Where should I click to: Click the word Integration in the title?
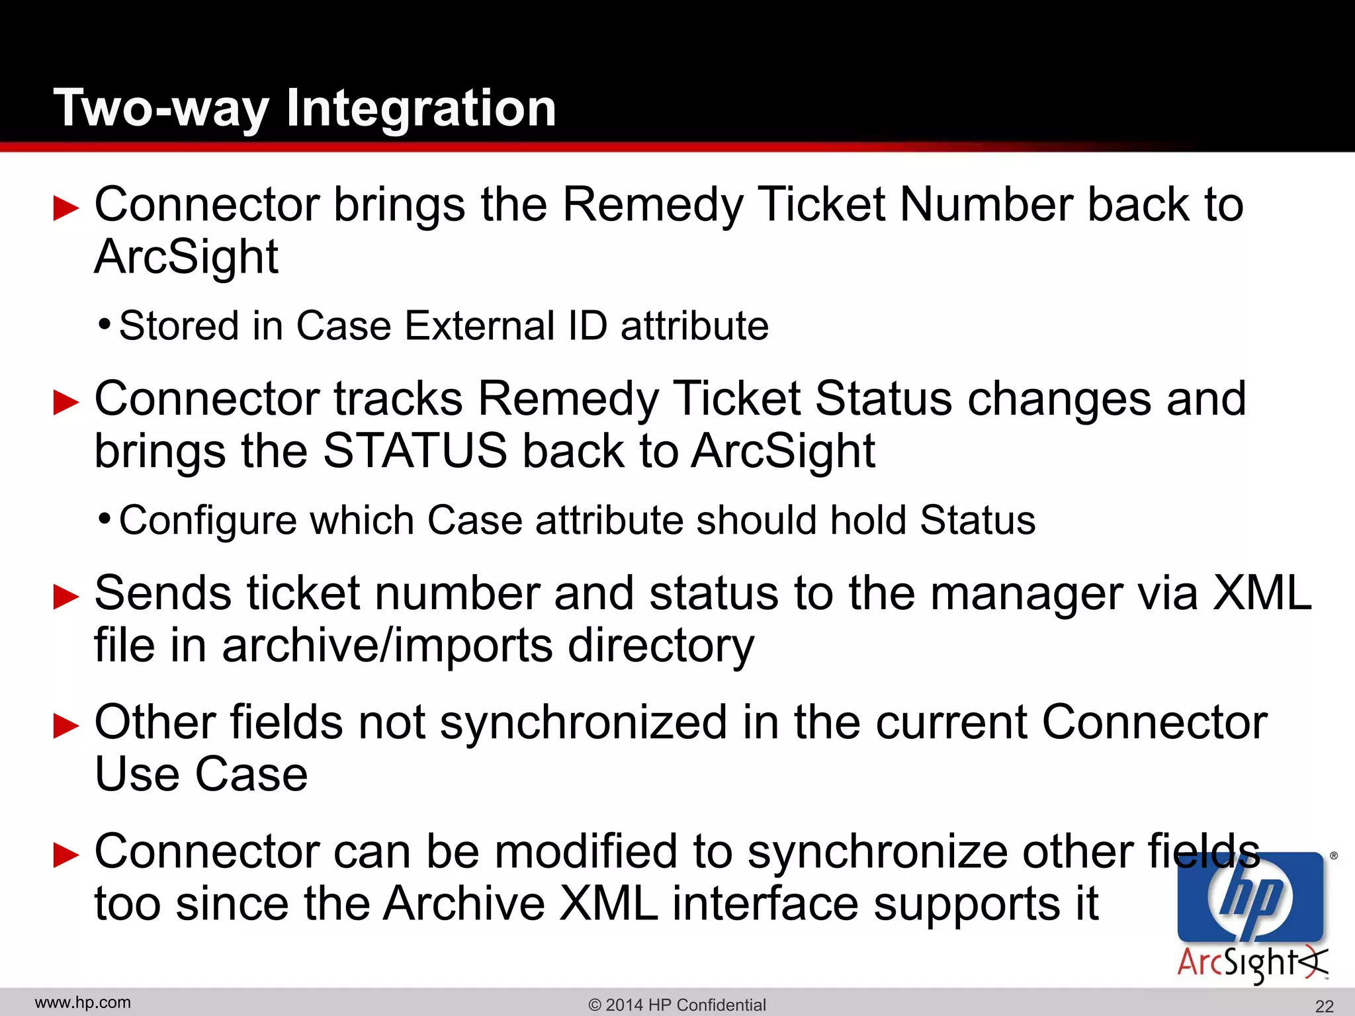coord(421,108)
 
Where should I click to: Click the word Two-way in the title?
coord(160,108)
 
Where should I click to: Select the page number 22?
coord(1324,1006)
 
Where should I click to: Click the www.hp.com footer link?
coord(83,1003)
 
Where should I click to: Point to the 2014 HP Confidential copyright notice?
coord(677,1005)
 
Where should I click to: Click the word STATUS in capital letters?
coord(415,451)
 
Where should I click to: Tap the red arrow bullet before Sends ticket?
coord(66,597)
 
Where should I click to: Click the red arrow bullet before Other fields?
coord(66,726)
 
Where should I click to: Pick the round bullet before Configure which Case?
coord(104,519)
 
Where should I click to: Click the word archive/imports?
coord(387,646)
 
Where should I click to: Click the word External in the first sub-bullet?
coord(480,325)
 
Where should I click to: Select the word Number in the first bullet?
coord(985,204)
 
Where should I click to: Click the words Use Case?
coord(201,775)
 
